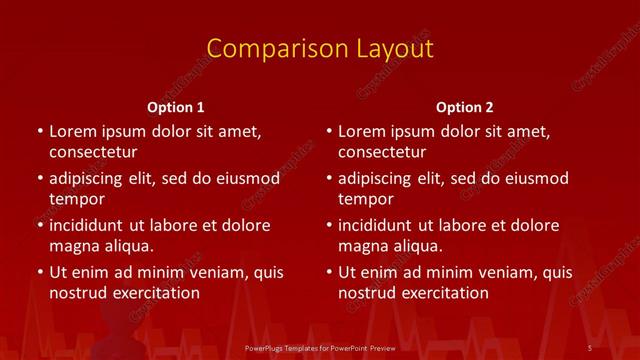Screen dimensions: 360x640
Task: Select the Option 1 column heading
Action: point(176,106)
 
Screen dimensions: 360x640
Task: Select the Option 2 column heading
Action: point(465,106)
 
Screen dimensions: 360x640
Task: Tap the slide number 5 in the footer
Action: point(591,346)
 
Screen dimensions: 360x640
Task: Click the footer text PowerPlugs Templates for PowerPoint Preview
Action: point(319,346)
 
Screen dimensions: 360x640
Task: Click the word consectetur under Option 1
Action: point(93,152)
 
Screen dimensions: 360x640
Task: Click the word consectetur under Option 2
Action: point(382,152)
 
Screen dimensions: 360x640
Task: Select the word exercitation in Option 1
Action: point(151,293)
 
